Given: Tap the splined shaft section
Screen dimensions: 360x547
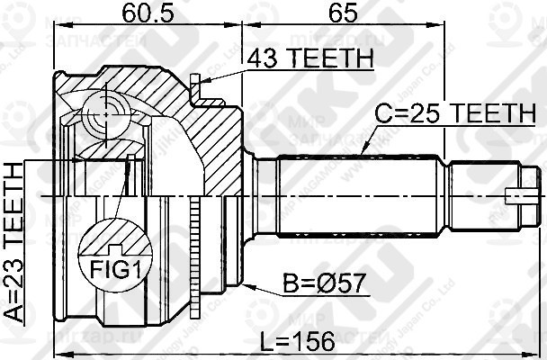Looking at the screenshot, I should pos(360,193).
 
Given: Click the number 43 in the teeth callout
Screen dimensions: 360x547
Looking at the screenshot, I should pos(269,58).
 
